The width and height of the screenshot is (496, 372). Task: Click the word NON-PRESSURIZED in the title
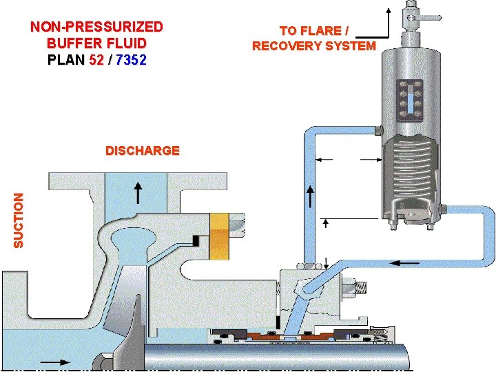[x=96, y=28]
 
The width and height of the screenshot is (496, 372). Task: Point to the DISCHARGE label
[x=143, y=151]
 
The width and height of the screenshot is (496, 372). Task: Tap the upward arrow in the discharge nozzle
[x=138, y=193]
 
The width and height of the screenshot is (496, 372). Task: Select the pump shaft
[x=276, y=357]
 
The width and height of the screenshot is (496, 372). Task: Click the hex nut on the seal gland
[x=349, y=285]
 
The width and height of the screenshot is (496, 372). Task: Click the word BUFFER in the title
[x=70, y=43]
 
